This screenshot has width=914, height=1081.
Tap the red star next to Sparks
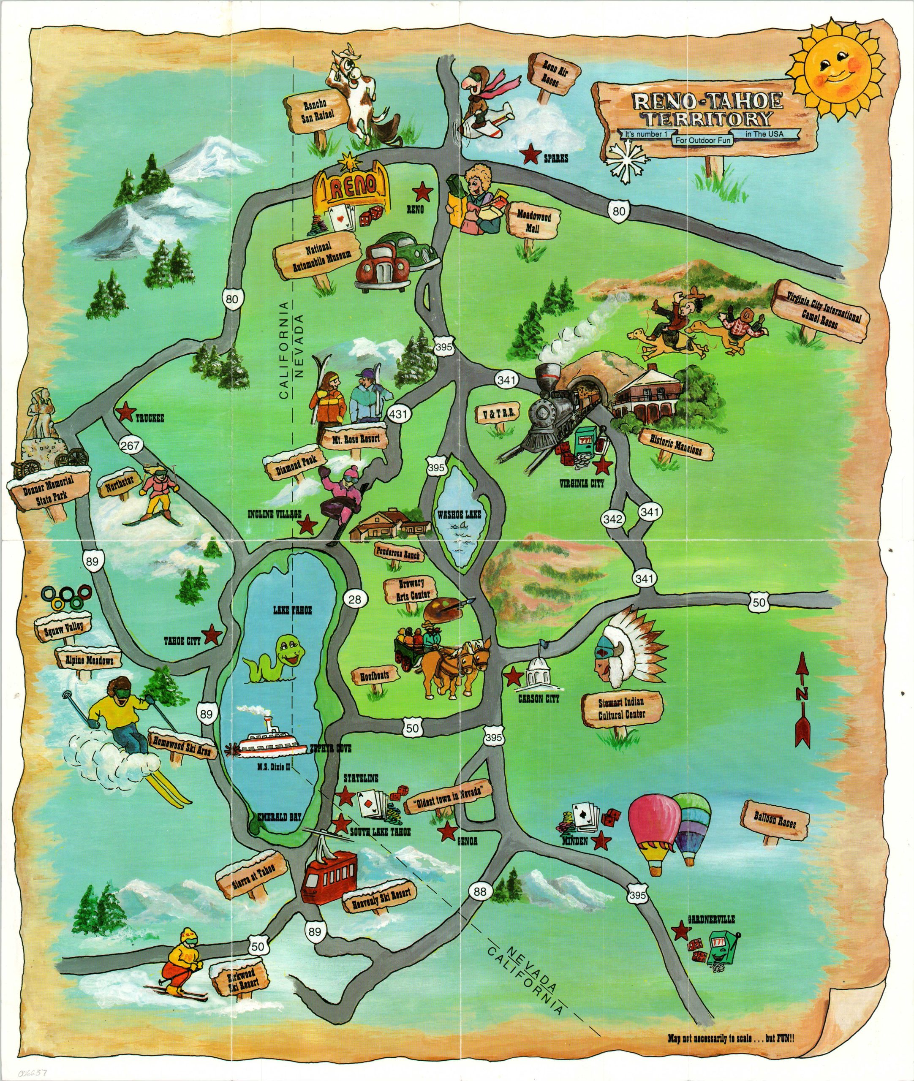(530, 154)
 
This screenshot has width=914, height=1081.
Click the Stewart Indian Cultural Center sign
(622, 709)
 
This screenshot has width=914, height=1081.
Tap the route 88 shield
(480, 892)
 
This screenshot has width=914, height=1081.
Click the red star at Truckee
(124, 413)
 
